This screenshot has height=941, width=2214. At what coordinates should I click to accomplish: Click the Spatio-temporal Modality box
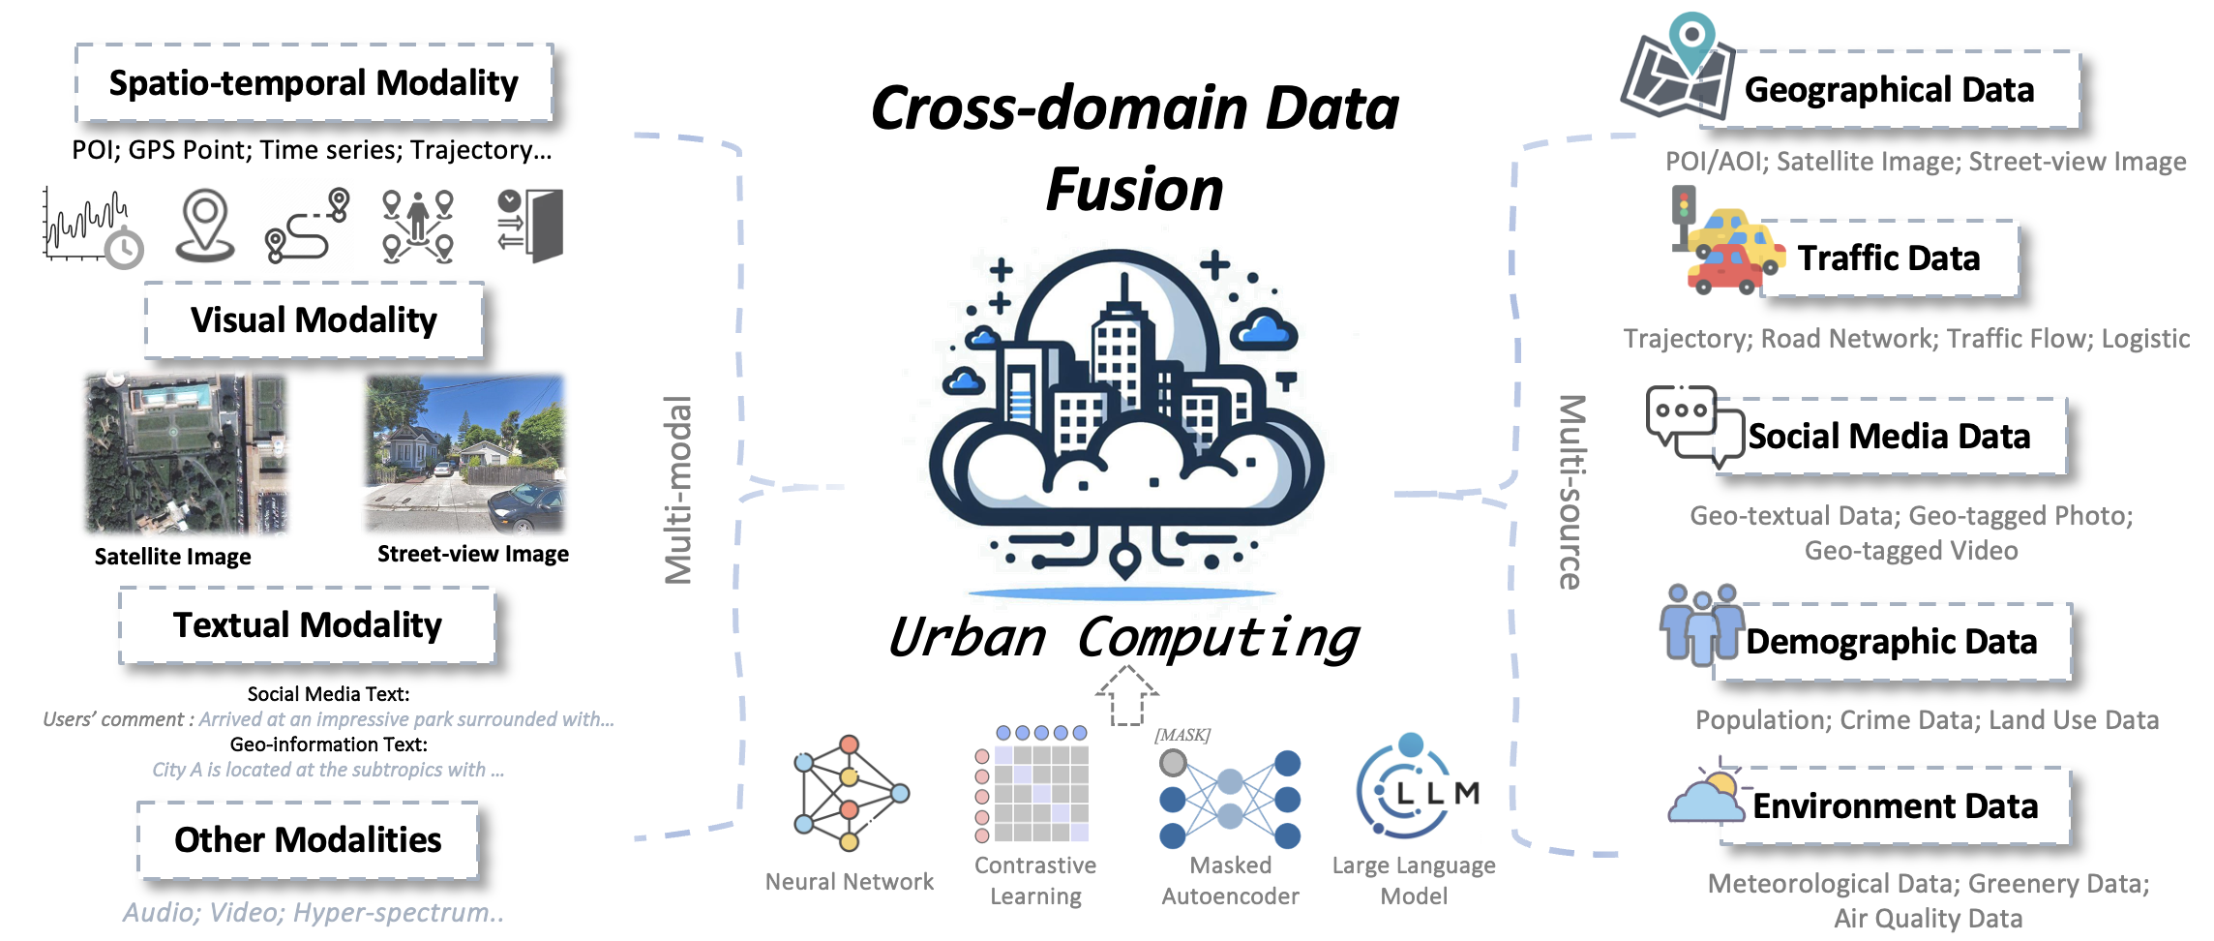314,83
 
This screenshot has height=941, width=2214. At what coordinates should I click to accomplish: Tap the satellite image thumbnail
187,454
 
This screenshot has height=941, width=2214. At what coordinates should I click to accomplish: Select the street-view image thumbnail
465,453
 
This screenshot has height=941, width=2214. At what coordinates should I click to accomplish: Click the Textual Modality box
307,625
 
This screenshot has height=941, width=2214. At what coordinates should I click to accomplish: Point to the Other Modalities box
308,839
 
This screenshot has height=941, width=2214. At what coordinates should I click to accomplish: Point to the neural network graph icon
849,793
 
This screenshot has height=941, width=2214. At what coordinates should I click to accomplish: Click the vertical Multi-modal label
678,490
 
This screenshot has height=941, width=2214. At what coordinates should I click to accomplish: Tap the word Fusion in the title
1134,190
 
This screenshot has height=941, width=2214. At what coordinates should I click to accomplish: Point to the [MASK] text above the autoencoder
1182,735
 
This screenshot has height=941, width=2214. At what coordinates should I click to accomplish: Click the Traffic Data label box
1888,258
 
